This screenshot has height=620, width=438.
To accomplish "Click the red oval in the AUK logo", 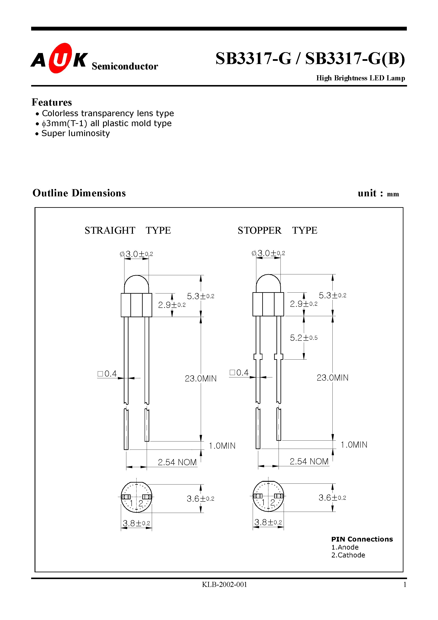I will (x=60, y=58).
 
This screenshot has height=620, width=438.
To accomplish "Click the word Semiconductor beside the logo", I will (x=124, y=66).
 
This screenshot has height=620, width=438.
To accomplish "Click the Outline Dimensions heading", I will (x=79, y=193).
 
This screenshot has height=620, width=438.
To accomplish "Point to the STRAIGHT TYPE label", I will (x=127, y=230).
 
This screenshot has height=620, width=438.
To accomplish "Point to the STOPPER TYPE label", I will (x=277, y=230).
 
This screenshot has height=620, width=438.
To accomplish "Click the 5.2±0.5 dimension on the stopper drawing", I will (x=304, y=338).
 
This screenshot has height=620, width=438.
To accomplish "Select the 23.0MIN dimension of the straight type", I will (x=200, y=378).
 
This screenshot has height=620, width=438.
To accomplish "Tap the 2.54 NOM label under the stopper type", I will (x=309, y=461).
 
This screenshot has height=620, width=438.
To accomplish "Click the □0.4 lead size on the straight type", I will (x=107, y=374).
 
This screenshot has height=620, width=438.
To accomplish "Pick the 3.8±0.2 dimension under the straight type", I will (x=136, y=523).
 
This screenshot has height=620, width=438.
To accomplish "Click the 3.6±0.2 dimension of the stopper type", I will (x=332, y=498).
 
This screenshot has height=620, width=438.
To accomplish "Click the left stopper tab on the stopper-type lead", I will (x=258, y=357).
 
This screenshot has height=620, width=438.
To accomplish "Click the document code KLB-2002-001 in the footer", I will (x=224, y=584).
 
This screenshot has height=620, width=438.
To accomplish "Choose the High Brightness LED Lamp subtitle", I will (x=360, y=78).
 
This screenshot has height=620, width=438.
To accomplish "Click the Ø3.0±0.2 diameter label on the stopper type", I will (x=268, y=253).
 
